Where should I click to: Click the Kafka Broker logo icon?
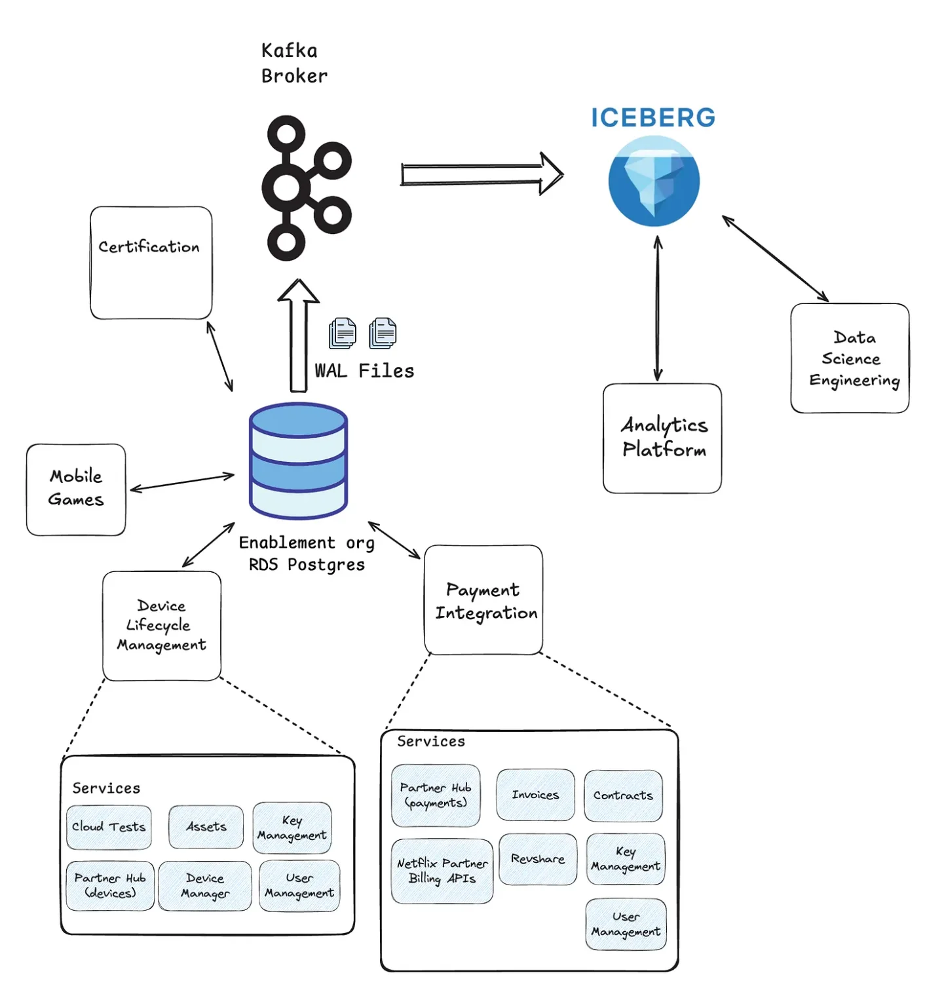point(305,189)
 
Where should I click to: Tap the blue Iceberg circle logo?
point(653,181)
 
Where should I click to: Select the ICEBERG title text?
point(653,118)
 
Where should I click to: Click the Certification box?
point(151,263)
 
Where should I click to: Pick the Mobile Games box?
point(76,489)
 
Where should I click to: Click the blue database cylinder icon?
point(298,461)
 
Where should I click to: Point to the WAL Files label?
point(364,371)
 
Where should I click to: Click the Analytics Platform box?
point(662,438)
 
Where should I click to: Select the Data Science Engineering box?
point(850,358)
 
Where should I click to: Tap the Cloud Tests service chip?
point(109,827)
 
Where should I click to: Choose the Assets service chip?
point(206,827)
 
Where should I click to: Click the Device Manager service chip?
point(205,886)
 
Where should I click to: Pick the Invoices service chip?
point(535,795)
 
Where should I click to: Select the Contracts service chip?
point(623,795)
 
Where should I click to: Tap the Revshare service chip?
point(538,859)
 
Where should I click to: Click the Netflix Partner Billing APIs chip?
point(442,871)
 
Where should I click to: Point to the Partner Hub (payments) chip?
point(436,795)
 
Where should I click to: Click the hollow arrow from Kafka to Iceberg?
point(481,174)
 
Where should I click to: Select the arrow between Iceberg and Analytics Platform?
point(658,308)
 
